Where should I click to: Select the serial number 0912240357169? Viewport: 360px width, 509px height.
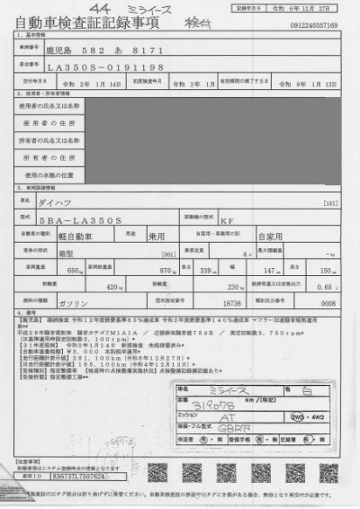[x=314, y=25]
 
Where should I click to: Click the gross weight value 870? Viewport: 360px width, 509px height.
[x=165, y=269]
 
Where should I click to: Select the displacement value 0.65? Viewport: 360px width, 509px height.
[x=328, y=287]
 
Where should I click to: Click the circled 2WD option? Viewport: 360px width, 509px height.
[x=296, y=418]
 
